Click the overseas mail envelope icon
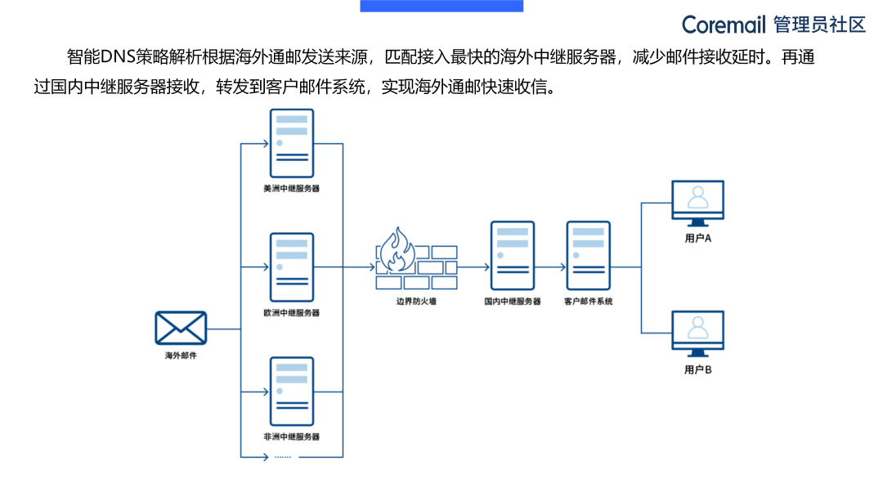181,329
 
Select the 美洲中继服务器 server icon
292,143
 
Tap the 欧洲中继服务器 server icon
292,267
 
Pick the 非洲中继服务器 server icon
292,391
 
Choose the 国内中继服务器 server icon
512,256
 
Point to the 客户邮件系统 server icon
588,256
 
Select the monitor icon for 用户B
697,333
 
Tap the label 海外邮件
181,356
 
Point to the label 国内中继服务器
512,302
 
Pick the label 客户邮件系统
588,302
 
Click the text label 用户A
697,239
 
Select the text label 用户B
697,369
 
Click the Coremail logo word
724,25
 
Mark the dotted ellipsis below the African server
283,456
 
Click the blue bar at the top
441,6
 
